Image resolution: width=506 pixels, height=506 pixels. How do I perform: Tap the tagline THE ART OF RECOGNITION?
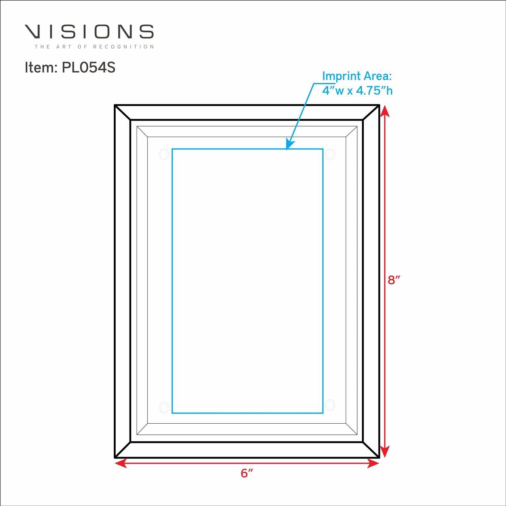click(94, 47)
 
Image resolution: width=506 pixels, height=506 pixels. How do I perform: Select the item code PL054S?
click(88, 67)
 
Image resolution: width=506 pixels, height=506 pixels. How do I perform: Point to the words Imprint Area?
click(357, 76)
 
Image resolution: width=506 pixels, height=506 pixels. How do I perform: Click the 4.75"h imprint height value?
click(374, 91)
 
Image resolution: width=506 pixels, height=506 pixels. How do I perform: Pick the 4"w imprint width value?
click(333, 91)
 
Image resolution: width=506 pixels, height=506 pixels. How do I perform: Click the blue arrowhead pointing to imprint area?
click(289, 144)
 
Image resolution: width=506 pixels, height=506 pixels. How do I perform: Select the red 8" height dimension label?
click(394, 280)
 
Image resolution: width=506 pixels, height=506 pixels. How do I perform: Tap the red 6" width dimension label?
click(247, 473)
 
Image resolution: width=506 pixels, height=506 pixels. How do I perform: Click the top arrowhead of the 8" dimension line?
click(385, 111)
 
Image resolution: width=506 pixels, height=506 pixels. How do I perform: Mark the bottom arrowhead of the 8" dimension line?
click(385, 452)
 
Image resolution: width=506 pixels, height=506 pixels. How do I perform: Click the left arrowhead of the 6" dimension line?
click(120, 463)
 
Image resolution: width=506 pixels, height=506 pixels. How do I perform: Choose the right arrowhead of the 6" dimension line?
click(373, 463)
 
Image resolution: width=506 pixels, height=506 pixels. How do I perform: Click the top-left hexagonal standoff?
click(164, 154)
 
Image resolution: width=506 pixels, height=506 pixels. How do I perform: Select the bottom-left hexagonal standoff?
click(164, 407)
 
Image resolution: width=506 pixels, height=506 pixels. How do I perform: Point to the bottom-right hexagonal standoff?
click(330, 404)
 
